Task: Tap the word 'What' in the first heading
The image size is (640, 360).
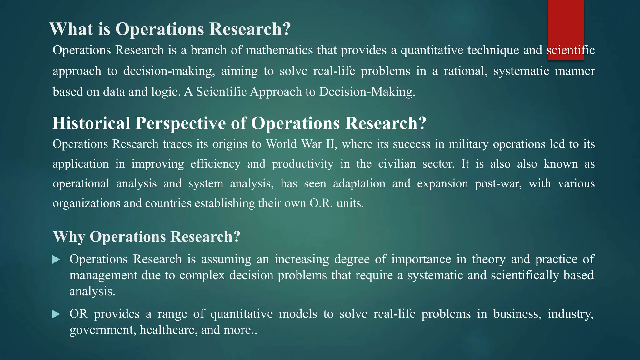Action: point(71,29)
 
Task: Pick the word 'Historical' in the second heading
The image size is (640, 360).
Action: point(91,123)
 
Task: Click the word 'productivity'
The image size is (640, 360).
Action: point(302,164)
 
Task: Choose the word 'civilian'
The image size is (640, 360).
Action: point(397,164)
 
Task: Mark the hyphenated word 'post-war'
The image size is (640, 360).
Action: point(498,183)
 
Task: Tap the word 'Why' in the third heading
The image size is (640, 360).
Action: point(69,237)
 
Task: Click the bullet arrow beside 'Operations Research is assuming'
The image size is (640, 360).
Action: point(56,260)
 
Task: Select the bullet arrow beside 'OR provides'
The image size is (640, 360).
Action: point(56,314)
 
